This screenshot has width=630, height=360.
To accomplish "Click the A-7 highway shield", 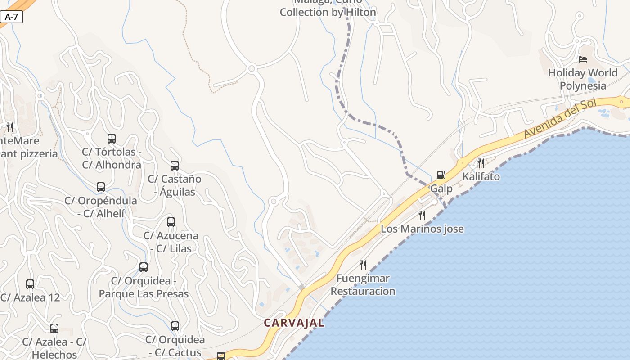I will click(11, 17).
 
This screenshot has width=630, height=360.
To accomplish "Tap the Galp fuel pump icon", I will click(441, 175).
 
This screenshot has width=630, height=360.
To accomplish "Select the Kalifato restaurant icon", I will click(481, 163).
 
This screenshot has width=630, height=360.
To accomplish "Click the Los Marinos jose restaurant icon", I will click(422, 215).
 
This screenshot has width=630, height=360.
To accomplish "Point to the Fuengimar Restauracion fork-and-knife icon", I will click(363, 265).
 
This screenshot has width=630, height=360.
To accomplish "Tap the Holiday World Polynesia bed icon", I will click(583, 59).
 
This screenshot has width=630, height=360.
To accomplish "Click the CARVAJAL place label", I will click(294, 323).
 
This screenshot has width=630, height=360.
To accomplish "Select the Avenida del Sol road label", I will click(560, 118).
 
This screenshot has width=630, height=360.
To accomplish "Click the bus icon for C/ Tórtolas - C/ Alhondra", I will click(112, 139).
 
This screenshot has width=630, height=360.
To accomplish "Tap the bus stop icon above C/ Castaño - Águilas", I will click(175, 166).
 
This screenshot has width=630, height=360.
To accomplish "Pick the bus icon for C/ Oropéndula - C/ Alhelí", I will click(101, 187).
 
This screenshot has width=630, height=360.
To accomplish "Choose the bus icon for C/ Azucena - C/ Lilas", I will click(171, 222).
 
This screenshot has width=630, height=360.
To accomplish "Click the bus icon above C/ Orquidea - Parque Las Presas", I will click(144, 267).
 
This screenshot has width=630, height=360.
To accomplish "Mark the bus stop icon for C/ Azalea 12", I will click(30, 284).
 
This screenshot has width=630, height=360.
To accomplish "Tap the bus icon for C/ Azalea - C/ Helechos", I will click(54, 328).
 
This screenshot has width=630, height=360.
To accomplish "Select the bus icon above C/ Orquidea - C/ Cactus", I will click(175, 326).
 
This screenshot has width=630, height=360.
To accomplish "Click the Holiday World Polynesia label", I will click(583, 79).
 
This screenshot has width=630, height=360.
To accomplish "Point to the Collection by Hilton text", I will click(328, 12).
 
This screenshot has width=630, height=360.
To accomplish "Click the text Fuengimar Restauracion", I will click(363, 284).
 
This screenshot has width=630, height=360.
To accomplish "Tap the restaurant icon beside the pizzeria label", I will click(10, 127).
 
